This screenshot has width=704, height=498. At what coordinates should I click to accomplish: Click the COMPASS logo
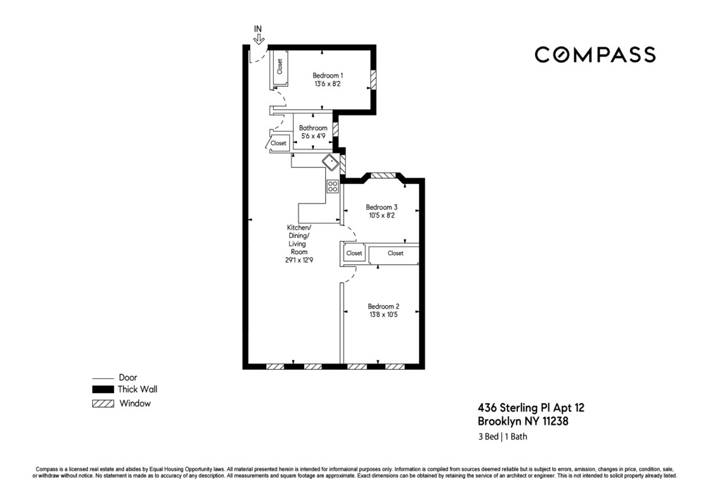point(595,55)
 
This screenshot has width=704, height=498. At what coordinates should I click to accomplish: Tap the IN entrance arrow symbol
point(258,36)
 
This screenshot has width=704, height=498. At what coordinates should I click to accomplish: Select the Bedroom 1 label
point(327,76)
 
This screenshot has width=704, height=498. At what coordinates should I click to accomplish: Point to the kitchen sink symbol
point(330,163)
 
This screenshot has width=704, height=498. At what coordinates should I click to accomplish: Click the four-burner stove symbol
point(332,187)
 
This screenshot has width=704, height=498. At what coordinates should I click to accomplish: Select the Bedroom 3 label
point(382,207)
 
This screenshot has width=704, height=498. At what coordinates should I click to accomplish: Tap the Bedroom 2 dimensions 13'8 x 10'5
point(383,315)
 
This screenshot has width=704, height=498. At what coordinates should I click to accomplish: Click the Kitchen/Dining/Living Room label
point(298,244)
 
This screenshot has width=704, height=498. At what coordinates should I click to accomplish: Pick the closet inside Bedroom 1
point(279,67)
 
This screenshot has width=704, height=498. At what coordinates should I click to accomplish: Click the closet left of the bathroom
point(279,143)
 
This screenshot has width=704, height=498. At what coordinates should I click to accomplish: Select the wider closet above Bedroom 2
point(395,254)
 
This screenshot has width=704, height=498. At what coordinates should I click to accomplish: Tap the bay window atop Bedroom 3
point(385,175)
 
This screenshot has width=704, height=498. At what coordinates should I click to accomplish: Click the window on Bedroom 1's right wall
point(374,80)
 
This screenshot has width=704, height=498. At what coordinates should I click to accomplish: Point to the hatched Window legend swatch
point(103,404)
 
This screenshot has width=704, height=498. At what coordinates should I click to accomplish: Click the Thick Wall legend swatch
point(103,390)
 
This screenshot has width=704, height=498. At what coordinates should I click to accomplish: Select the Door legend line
point(103,378)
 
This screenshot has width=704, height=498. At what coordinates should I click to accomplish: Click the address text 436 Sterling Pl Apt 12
point(531,408)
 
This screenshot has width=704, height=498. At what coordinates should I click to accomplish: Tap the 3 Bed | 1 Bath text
point(503,437)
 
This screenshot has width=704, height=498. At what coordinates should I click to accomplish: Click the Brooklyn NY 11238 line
point(522,422)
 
